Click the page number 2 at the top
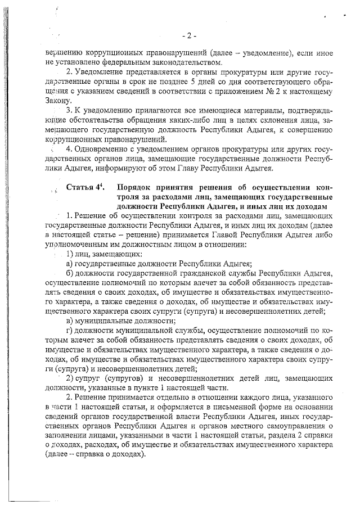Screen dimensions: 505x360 (x=189, y=36)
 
